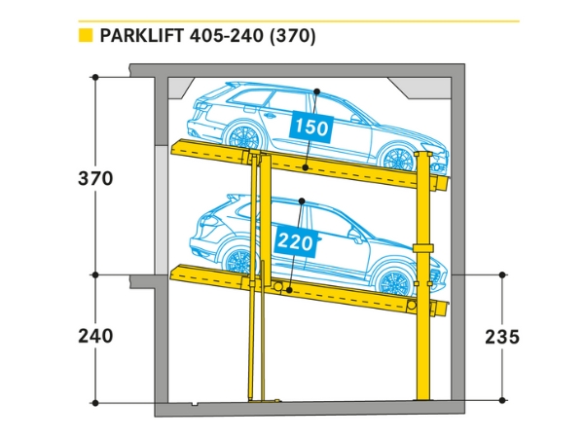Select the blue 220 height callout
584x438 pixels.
pos(296,241)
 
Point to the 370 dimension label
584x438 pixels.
pos(96,179)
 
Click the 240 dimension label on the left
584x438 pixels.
pos(96,336)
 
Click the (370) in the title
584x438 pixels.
pos(293,37)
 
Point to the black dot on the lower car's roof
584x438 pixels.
pos(303,201)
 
